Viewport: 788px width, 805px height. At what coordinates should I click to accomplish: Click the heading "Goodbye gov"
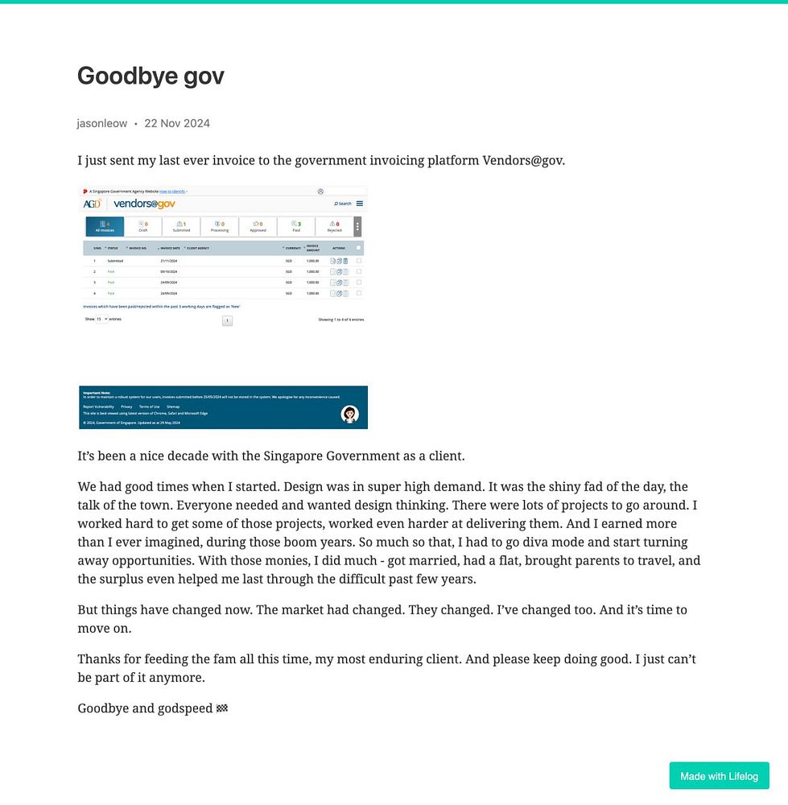(x=151, y=76)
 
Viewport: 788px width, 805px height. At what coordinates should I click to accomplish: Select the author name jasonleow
(x=101, y=123)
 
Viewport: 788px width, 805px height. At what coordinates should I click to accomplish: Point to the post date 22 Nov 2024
(x=177, y=123)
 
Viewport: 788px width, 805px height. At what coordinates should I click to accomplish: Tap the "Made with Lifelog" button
(x=719, y=776)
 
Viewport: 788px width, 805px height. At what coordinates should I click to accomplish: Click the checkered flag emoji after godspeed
(x=222, y=708)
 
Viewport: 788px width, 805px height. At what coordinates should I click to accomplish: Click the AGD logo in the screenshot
(x=92, y=204)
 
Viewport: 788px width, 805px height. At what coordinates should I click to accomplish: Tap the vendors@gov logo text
(x=144, y=204)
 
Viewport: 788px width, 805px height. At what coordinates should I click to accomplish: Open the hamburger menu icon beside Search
(x=360, y=204)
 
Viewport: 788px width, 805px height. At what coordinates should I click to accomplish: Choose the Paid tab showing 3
(x=296, y=226)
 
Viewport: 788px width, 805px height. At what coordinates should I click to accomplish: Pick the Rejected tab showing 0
(x=334, y=226)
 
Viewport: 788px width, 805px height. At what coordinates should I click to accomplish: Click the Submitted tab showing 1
(x=181, y=226)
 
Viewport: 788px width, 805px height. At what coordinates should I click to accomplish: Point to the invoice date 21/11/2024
(x=169, y=261)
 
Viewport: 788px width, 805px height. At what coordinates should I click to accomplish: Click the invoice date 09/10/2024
(x=169, y=272)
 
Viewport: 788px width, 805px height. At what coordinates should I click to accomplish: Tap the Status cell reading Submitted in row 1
(x=115, y=261)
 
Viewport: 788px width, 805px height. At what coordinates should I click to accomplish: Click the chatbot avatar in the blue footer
(x=349, y=414)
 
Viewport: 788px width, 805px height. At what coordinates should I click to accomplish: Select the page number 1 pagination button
(x=227, y=320)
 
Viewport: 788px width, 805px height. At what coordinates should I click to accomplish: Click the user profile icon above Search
(x=320, y=192)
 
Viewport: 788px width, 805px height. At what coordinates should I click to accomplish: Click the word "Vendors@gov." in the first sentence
(x=523, y=160)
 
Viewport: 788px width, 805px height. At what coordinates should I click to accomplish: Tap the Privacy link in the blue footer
(x=126, y=407)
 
